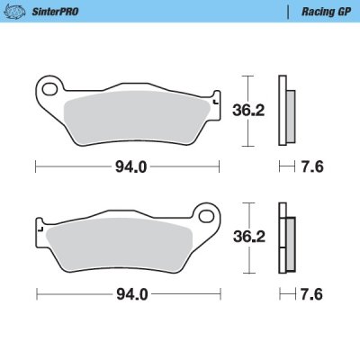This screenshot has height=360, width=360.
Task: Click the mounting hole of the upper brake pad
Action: pos(49,89)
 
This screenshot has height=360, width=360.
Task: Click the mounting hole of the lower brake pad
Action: pos(205,218)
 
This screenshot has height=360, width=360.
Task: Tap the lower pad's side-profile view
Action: pos(287,242)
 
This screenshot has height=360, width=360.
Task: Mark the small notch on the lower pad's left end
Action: pos(40,230)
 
